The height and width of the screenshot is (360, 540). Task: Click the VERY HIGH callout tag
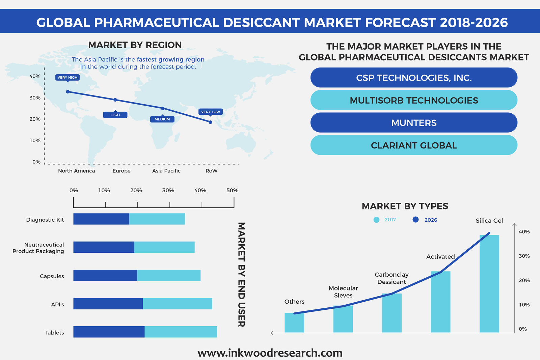67,78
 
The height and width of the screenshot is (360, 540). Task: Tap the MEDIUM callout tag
162,119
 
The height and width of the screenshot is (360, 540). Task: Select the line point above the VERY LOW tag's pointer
211,122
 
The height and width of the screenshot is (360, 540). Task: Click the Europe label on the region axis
122,171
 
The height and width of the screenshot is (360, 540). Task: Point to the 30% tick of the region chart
35,98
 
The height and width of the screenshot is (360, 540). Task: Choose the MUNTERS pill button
414,123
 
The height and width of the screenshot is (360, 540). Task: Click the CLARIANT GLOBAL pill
414,145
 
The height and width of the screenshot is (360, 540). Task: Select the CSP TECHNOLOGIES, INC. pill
414,78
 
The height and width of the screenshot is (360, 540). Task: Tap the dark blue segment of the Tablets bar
109,332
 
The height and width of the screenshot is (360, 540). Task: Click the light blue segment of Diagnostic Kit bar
157,219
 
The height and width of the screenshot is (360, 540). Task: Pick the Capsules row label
52,276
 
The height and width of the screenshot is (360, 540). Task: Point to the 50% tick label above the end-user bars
232,190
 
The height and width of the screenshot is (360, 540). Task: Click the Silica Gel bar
489,284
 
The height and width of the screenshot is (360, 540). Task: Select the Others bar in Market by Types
294,323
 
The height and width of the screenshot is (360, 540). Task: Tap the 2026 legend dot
415,220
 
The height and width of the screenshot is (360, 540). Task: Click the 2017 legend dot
376,220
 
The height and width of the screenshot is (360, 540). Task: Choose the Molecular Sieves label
343,292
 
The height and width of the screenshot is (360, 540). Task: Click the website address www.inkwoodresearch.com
270,353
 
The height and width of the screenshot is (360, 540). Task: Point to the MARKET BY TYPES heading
405,206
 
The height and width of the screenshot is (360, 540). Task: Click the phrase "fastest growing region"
171,59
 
